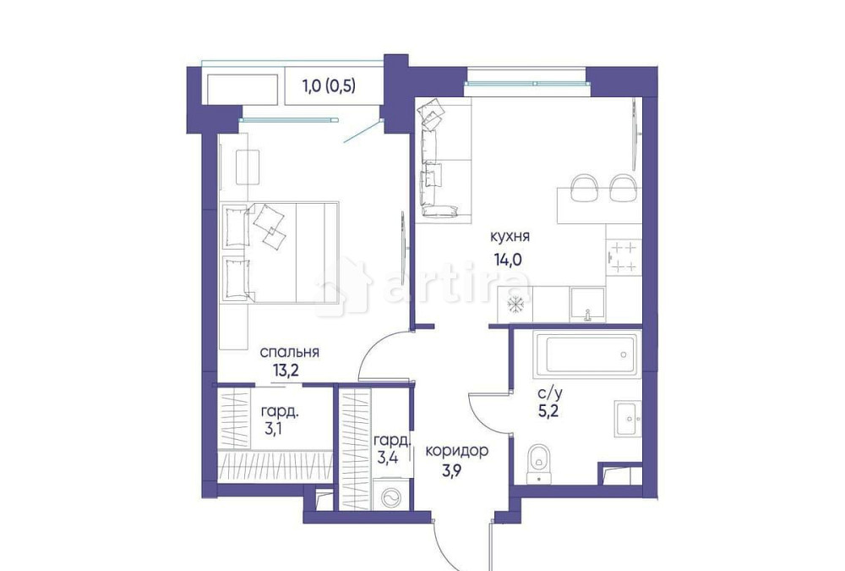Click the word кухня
[x=512, y=236]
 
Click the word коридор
[x=456, y=451]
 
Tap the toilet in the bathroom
[x=539, y=464]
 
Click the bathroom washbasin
[x=626, y=416]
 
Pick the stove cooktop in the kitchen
[x=624, y=257]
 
